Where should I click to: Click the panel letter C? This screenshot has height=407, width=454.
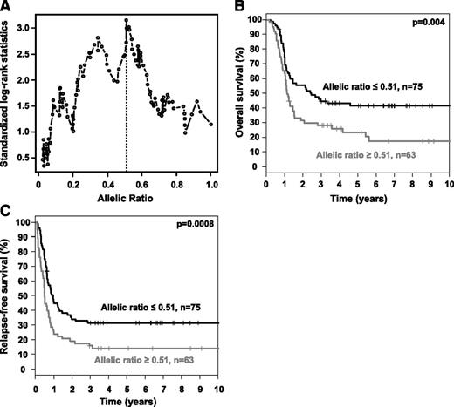[x=7, y=212]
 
